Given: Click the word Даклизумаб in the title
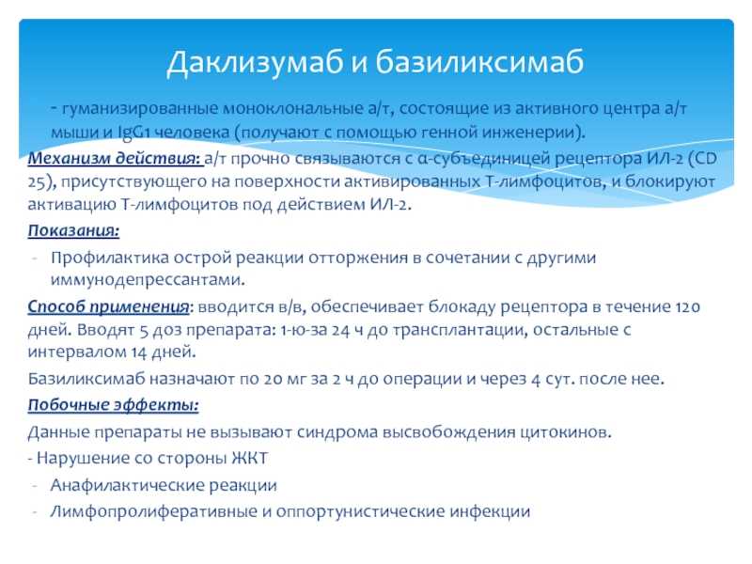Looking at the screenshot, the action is coord(256,63).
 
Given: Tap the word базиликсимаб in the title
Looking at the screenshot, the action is coord(479,62).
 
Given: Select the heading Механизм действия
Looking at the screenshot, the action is coord(115,159).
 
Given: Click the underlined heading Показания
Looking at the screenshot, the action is coord(73,231).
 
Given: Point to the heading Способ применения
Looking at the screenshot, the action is coord(108,306).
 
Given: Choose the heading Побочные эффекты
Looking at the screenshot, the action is coord(113,405).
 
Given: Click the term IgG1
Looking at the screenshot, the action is coord(134,133).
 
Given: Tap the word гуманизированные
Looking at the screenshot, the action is coord(140,109).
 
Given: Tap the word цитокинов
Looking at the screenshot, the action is coord(566,432).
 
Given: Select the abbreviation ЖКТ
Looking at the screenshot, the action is coord(249,458).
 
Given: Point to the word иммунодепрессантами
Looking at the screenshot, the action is coord(148,279).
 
